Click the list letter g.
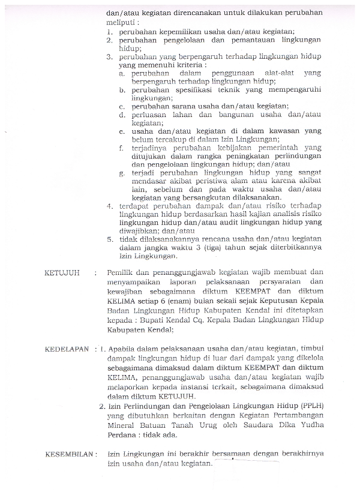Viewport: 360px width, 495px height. (122, 172)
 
